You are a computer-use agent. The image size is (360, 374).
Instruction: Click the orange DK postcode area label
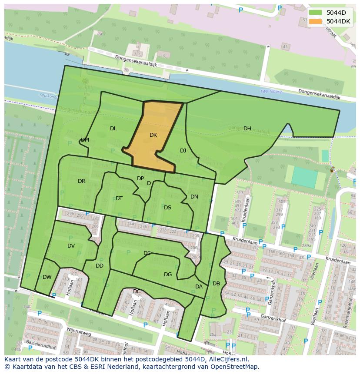(153, 135)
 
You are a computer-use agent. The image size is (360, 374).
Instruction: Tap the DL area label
(113, 129)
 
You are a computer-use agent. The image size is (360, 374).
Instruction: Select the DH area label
(247, 129)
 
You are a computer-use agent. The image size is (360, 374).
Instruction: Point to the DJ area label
(183, 151)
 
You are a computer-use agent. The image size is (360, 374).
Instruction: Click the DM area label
(85, 140)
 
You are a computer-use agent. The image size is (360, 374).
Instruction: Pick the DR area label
(81, 181)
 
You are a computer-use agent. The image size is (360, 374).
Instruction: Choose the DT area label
(119, 199)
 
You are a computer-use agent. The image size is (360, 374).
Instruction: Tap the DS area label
(167, 208)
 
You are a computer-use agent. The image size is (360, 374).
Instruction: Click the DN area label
(194, 197)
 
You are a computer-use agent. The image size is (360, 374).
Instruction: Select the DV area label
(71, 246)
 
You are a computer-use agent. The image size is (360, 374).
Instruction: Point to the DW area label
(47, 277)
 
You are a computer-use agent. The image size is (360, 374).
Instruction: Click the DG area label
(168, 275)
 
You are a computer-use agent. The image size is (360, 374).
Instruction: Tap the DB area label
(216, 284)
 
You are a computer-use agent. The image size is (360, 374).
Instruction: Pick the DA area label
(199, 287)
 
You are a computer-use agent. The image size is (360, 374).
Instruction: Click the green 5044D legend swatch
(316, 13)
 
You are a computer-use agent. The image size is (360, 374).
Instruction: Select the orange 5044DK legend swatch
(316, 21)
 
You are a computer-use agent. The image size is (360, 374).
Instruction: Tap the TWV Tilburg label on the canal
(271, 92)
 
